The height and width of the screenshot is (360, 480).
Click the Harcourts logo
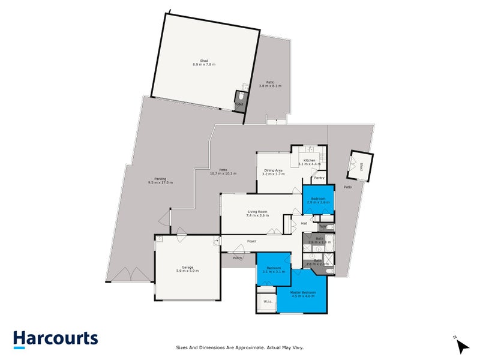pos(56,338)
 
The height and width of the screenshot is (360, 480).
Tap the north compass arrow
pos(460,345)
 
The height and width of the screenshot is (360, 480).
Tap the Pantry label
pos(319,178)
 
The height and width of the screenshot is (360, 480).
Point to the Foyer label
pos(252,241)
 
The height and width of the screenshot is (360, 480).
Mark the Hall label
pos(304,224)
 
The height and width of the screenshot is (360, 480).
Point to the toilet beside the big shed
pos(239,100)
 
